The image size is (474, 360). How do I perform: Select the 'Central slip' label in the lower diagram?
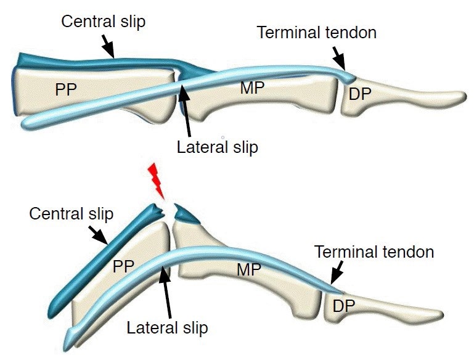[x=72, y=215]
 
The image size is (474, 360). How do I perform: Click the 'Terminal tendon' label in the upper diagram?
[x=317, y=32]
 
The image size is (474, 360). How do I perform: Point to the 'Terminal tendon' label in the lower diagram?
[x=374, y=252]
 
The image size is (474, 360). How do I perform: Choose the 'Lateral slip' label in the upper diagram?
[x=217, y=147]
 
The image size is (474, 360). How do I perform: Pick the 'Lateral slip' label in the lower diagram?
[x=168, y=327]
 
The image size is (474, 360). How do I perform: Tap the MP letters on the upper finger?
[x=252, y=88]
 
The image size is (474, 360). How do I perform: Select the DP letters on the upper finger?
[x=361, y=94]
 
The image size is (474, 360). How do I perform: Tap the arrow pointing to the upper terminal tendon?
[x=339, y=59]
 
